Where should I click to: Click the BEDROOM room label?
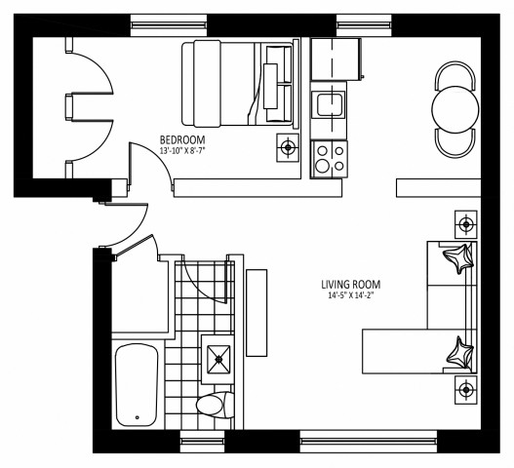(180, 139)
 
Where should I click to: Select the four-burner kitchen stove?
(328, 155)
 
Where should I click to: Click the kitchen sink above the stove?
(328, 102)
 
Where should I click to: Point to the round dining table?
(454, 107)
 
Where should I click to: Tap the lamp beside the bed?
(288, 148)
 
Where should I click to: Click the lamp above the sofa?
(466, 224)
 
